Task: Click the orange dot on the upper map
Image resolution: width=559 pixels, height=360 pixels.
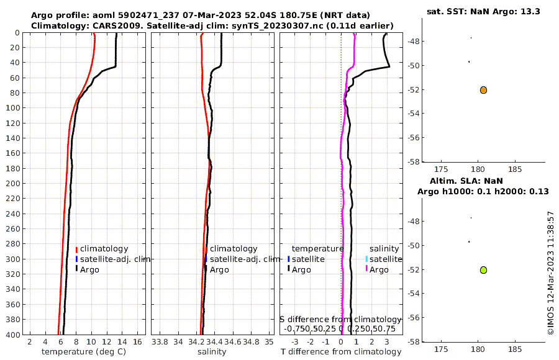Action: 483,90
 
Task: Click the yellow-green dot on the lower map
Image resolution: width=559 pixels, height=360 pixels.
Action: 483,270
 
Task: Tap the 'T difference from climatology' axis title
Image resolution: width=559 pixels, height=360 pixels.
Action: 341,352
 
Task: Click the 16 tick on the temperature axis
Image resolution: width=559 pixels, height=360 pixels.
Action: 138,342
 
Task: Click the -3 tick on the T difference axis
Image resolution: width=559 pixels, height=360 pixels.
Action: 294,342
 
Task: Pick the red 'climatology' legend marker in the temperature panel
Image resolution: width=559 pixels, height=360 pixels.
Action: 76,249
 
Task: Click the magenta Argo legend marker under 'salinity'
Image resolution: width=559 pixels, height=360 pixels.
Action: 366,269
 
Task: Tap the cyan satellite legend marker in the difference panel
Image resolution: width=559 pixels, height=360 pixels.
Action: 366,259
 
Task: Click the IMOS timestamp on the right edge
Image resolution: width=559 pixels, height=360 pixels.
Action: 550,273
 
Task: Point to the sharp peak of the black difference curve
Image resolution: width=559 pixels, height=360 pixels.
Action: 389,66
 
